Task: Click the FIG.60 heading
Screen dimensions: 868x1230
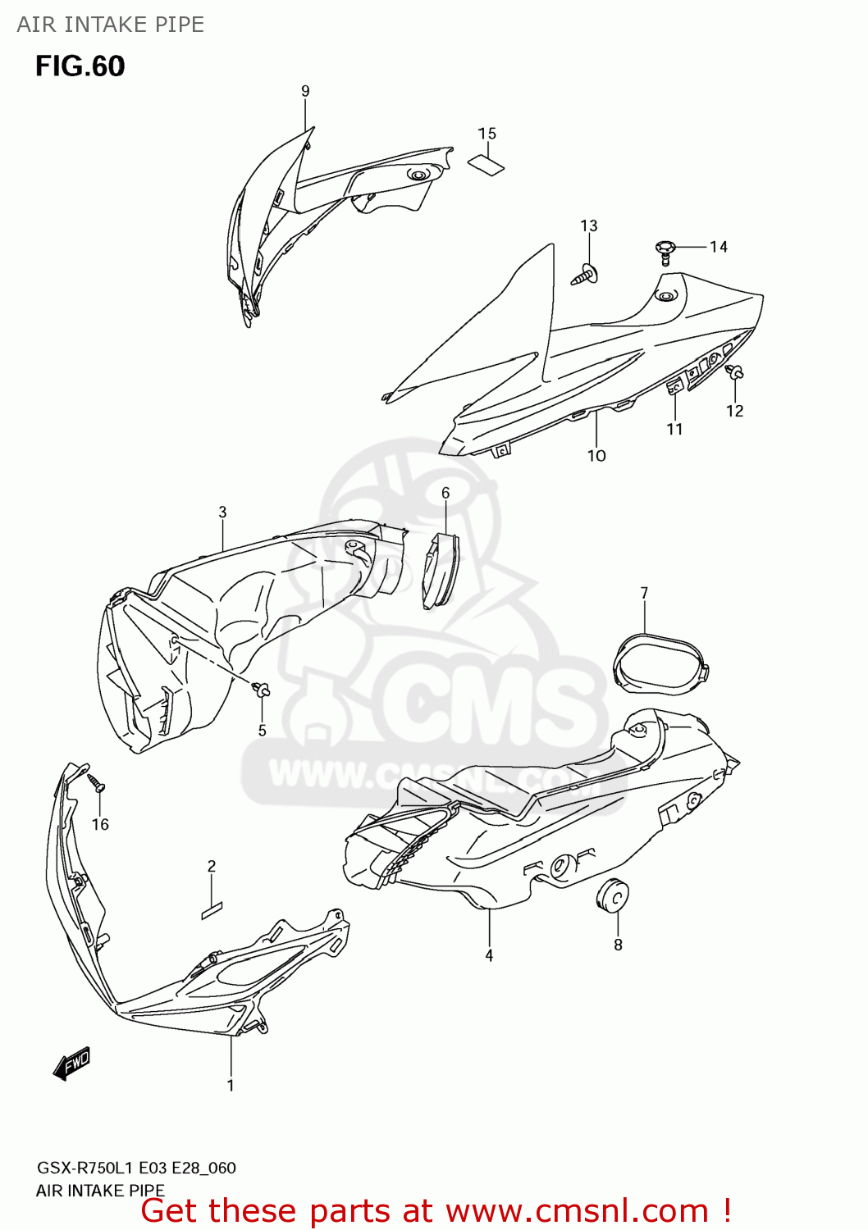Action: tap(80, 66)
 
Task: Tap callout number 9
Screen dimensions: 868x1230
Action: tap(305, 91)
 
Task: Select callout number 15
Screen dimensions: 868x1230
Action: tap(487, 134)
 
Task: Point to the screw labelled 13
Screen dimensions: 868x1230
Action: tap(586, 274)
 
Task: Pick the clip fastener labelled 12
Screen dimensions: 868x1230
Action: tap(735, 375)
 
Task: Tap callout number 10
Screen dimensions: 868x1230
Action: tap(596, 455)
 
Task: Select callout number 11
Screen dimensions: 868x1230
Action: tap(674, 429)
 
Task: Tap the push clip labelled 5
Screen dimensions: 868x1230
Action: tap(262, 689)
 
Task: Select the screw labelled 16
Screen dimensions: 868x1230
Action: tap(97, 782)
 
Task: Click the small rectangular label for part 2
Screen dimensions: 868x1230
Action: tap(212, 910)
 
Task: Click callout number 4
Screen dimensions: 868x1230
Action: tap(489, 955)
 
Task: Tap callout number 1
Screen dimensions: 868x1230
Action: tap(231, 1085)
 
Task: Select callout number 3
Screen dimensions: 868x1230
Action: tap(222, 512)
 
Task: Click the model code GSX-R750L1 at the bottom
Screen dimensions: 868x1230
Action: tap(85, 1168)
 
